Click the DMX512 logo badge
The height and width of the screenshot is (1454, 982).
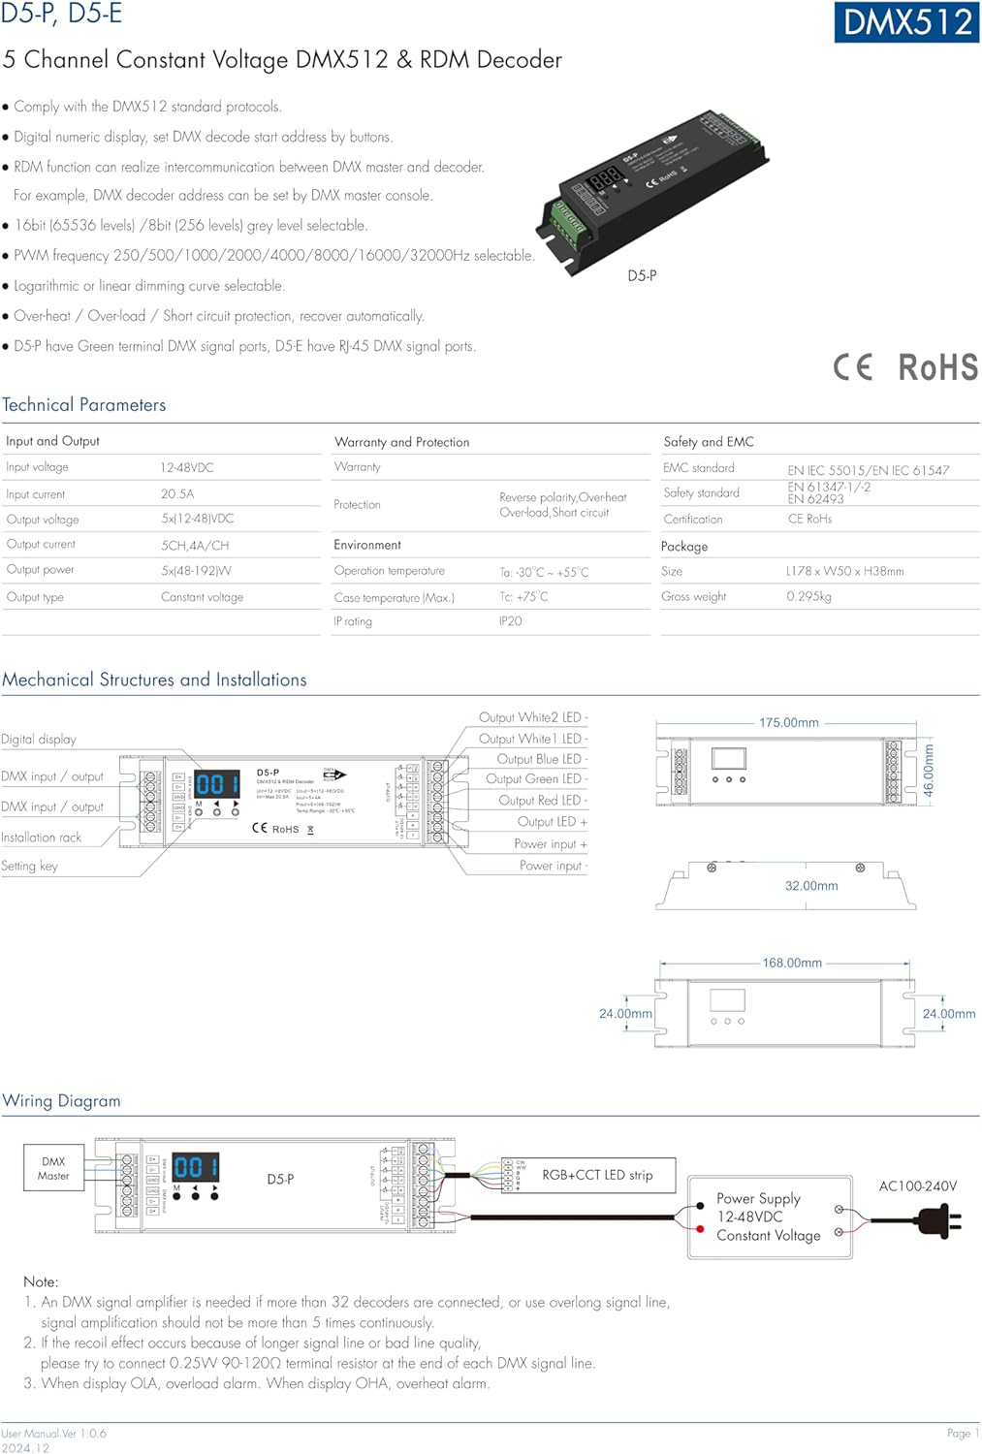pyautogui.click(x=906, y=22)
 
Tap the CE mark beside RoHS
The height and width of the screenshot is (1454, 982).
pyautogui.click(x=853, y=367)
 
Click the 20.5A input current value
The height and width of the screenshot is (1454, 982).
pyautogui.click(x=177, y=493)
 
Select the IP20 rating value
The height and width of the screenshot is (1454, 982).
pyautogui.click(x=510, y=621)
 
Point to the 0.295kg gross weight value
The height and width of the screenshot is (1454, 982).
pyautogui.click(x=808, y=596)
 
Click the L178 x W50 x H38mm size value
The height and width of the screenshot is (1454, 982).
pyautogui.click(x=844, y=571)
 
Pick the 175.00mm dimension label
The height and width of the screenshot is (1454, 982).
pyautogui.click(x=788, y=723)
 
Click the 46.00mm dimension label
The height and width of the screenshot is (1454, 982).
pyautogui.click(x=929, y=771)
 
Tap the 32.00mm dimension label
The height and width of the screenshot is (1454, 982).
pyautogui.click(x=811, y=886)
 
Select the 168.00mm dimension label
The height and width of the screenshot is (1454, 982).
pyautogui.click(x=792, y=963)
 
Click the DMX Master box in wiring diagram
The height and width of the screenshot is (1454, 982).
pyautogui.click(x=53, y=1168)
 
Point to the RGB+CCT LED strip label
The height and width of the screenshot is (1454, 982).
pyautogui.click(x=597, y=1175)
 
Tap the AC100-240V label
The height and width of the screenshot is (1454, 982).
pyautogui.click(x=917, y=1185)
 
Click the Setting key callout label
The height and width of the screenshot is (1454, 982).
pyautogui.click(x=30, y=866)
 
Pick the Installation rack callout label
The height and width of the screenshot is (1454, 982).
pyautogui.click(x=42, y=838)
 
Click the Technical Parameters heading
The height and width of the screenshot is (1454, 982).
pyautogui.click(x=84, y=405)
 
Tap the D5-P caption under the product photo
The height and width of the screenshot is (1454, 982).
pyautogui.click(x=642, y=275)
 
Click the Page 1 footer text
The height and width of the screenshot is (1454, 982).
pyautogui.click(x=963, y=1433)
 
